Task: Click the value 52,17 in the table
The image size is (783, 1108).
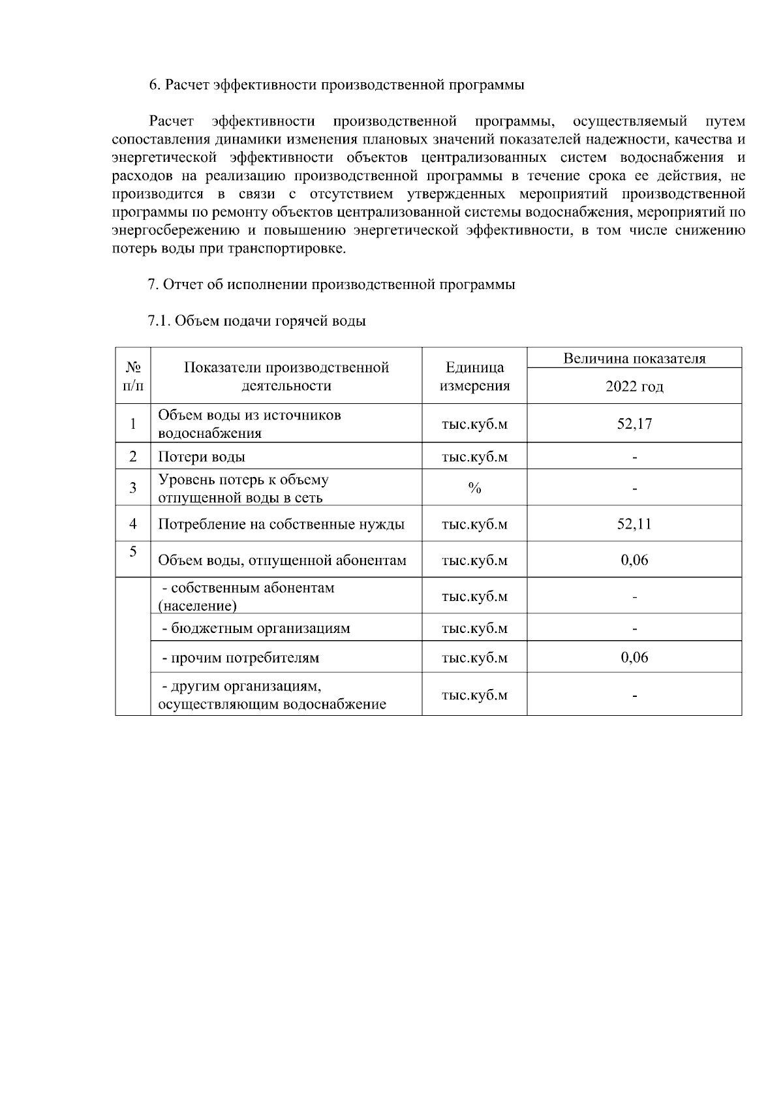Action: (x=634, y=423)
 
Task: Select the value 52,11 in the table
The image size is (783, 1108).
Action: (x=634, y=524)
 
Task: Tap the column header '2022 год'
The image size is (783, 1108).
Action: (x=634, y=386)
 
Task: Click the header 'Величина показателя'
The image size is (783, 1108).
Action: (x=634, y=358)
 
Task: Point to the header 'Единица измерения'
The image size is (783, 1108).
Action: (x=474, y=377)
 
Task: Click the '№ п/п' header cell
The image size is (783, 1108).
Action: (x=133, y=377)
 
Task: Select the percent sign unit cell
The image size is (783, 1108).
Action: (x=474, y=488)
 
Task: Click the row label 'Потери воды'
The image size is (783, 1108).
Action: (x=202, y=457)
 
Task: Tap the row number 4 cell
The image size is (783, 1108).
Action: (x=133, y=524)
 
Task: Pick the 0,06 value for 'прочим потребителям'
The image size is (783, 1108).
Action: (x=634, y=657)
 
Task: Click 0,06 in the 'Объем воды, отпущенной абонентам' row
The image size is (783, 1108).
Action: (x=634, y=560)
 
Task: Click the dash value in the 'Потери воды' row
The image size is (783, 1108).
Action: (x=634, y=457)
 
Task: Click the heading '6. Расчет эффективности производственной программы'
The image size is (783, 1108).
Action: (x=337, y=85)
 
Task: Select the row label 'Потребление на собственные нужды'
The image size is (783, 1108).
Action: (x=281, y=524)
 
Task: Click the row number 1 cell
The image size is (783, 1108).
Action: (x=133, y=423)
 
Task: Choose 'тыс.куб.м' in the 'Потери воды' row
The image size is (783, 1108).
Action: (x=474, y=457)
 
